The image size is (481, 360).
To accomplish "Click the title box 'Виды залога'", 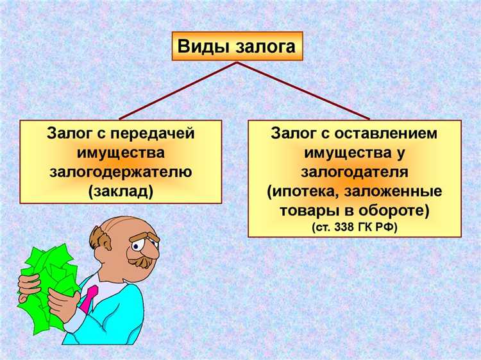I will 237,46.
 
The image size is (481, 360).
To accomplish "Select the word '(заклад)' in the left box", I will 121,191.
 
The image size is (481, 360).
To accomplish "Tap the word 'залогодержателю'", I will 121,172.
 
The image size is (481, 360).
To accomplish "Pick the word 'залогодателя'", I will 354,172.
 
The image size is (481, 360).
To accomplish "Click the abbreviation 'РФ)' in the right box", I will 387,227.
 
